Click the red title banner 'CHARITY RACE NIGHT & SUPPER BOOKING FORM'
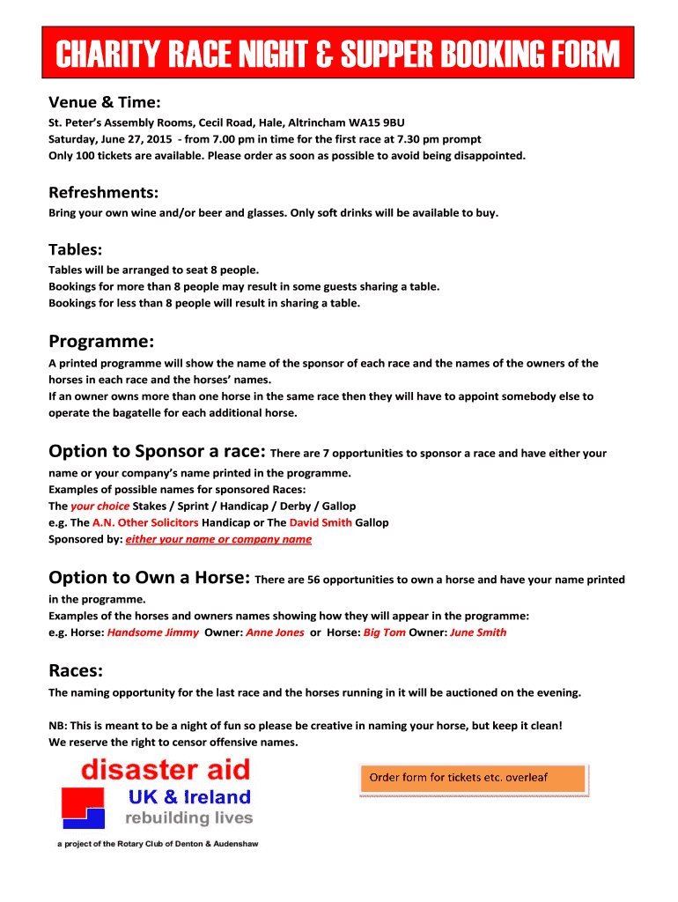coord(339,55)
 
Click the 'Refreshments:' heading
coord(104,192)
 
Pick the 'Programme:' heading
coord(101,341)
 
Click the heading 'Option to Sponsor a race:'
coord(157,452)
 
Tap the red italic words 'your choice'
coord(99,506)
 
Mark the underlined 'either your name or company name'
coord(218,539)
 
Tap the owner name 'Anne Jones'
coord(275,632)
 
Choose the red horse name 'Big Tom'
coord(385,632)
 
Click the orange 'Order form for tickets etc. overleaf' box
coord(472,779)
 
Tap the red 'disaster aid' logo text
coord(166,771)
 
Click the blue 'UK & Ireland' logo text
coord(190,798)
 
